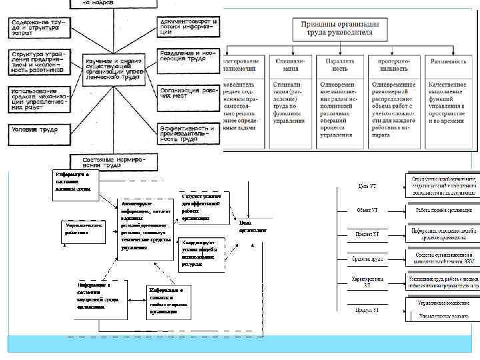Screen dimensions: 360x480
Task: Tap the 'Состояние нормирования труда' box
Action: (114, 162)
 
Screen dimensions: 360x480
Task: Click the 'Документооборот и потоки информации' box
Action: (187, 27)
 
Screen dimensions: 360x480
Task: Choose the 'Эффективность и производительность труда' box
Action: (187, 134)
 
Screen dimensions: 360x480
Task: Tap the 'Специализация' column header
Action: (289, 63)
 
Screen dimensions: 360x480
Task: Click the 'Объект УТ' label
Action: (367, 211)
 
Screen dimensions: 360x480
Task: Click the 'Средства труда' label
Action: (367, 258)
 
